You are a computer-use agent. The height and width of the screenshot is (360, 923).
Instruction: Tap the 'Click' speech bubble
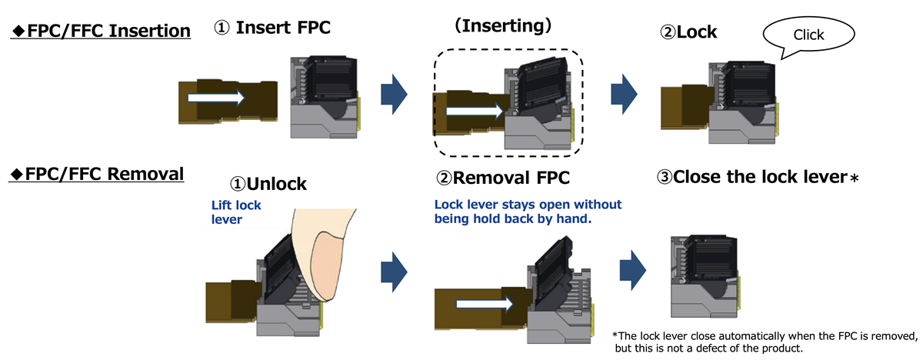point(808,35)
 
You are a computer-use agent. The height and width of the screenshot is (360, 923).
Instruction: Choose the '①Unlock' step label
point(268,184)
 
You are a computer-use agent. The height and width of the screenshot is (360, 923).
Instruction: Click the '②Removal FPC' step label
point(503,178)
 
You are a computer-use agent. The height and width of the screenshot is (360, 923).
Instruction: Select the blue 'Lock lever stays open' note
point(528,212)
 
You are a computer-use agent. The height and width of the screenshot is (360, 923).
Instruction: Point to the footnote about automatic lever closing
point(765,342)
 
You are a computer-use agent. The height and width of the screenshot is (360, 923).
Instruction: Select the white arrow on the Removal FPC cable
point(485,305)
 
